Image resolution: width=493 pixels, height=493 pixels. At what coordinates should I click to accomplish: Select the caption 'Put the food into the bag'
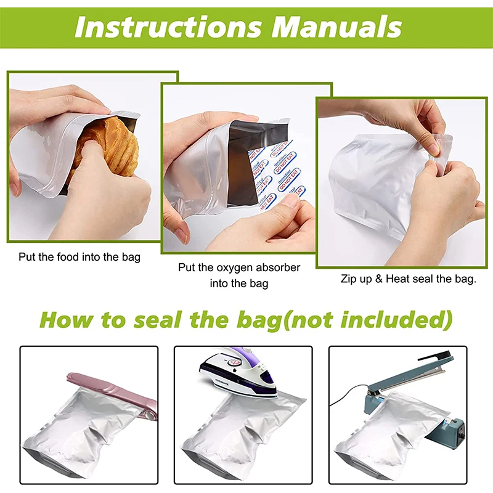(79, 256)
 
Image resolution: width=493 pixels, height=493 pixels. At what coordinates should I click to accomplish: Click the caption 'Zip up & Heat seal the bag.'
(409, 279)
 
